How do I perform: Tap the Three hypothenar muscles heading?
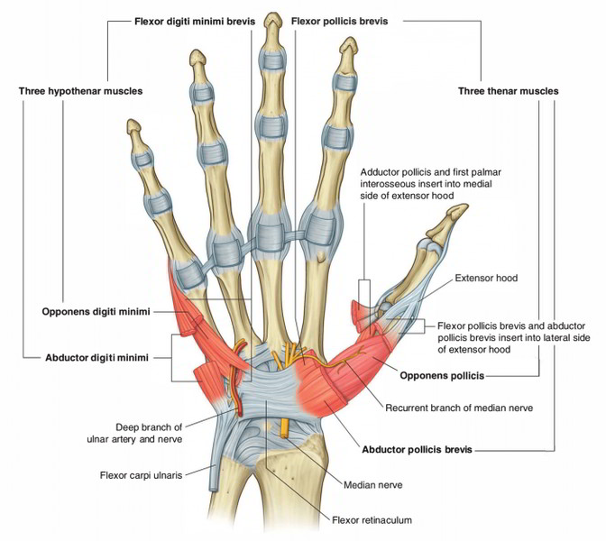[x=80, y=91]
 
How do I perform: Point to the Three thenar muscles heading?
[x=508, y=91]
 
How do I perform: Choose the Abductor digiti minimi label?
[x=96, y=356]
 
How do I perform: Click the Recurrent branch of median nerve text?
[x=459, y=408]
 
